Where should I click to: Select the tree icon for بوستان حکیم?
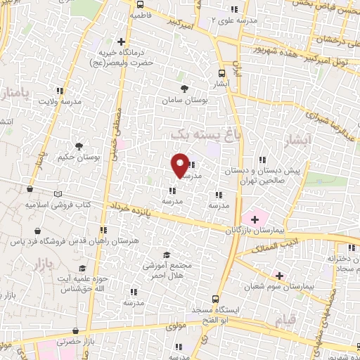click(x=79, y=146)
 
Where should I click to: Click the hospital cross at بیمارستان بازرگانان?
click(x=254, y=220)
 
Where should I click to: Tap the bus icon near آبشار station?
click(x=222, y=72)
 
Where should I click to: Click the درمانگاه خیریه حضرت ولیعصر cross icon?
click(x=121, y=41)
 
